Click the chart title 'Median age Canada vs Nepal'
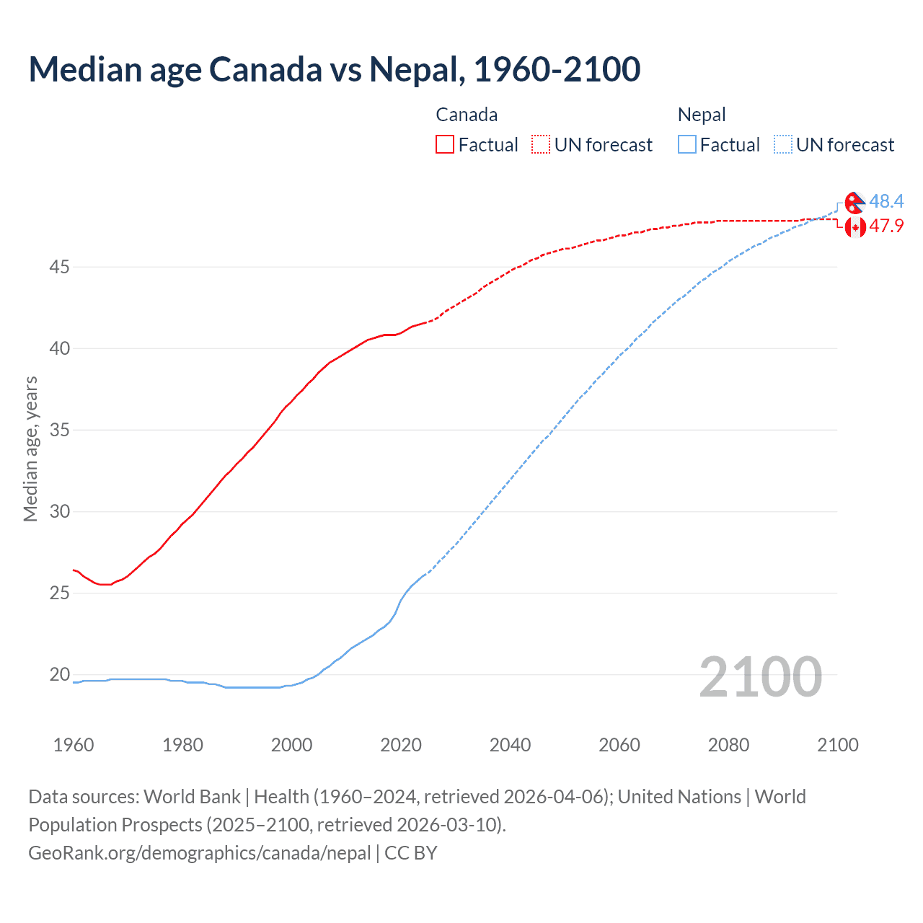pyautogui.click(x=334, y=69)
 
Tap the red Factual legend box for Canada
pyautogui.click(x=445, y=144)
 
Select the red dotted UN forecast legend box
pyautogui.click(x=541, y=144)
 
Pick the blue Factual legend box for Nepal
pyautogui.click(x=687, y=144)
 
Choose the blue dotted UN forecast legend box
pyautogui.click(x=783, y=144)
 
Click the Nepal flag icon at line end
pyautogui.click(x=854, y=203)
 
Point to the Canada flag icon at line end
pyautogui.click(x=855, y=227)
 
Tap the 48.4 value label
pyautogui.click(x=886, y=201)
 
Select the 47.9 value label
pyautogui.click(x=886, y=226)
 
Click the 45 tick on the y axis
pyautogui.click(x=59, y=268)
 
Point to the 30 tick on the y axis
pyautogui.click(x=59, y=512)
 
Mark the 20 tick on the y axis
pyautogui.click(x=59, y=675)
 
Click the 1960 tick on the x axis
pyautogui.click(x=74, y=745)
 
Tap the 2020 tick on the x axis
pyautogui.click(x=401, y=745)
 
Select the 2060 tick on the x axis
pyautogui.click(x=619, y=745)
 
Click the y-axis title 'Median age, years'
pyautogui.click(x=30, y=449)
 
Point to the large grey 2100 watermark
pyautogui.click(x=760, y=676)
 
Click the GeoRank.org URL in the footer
pyautogui.click(x=199, y=853)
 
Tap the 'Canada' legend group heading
pyautogui.click(x=467, y=115)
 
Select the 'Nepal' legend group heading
pyautogui.click(x=702, y=115)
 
